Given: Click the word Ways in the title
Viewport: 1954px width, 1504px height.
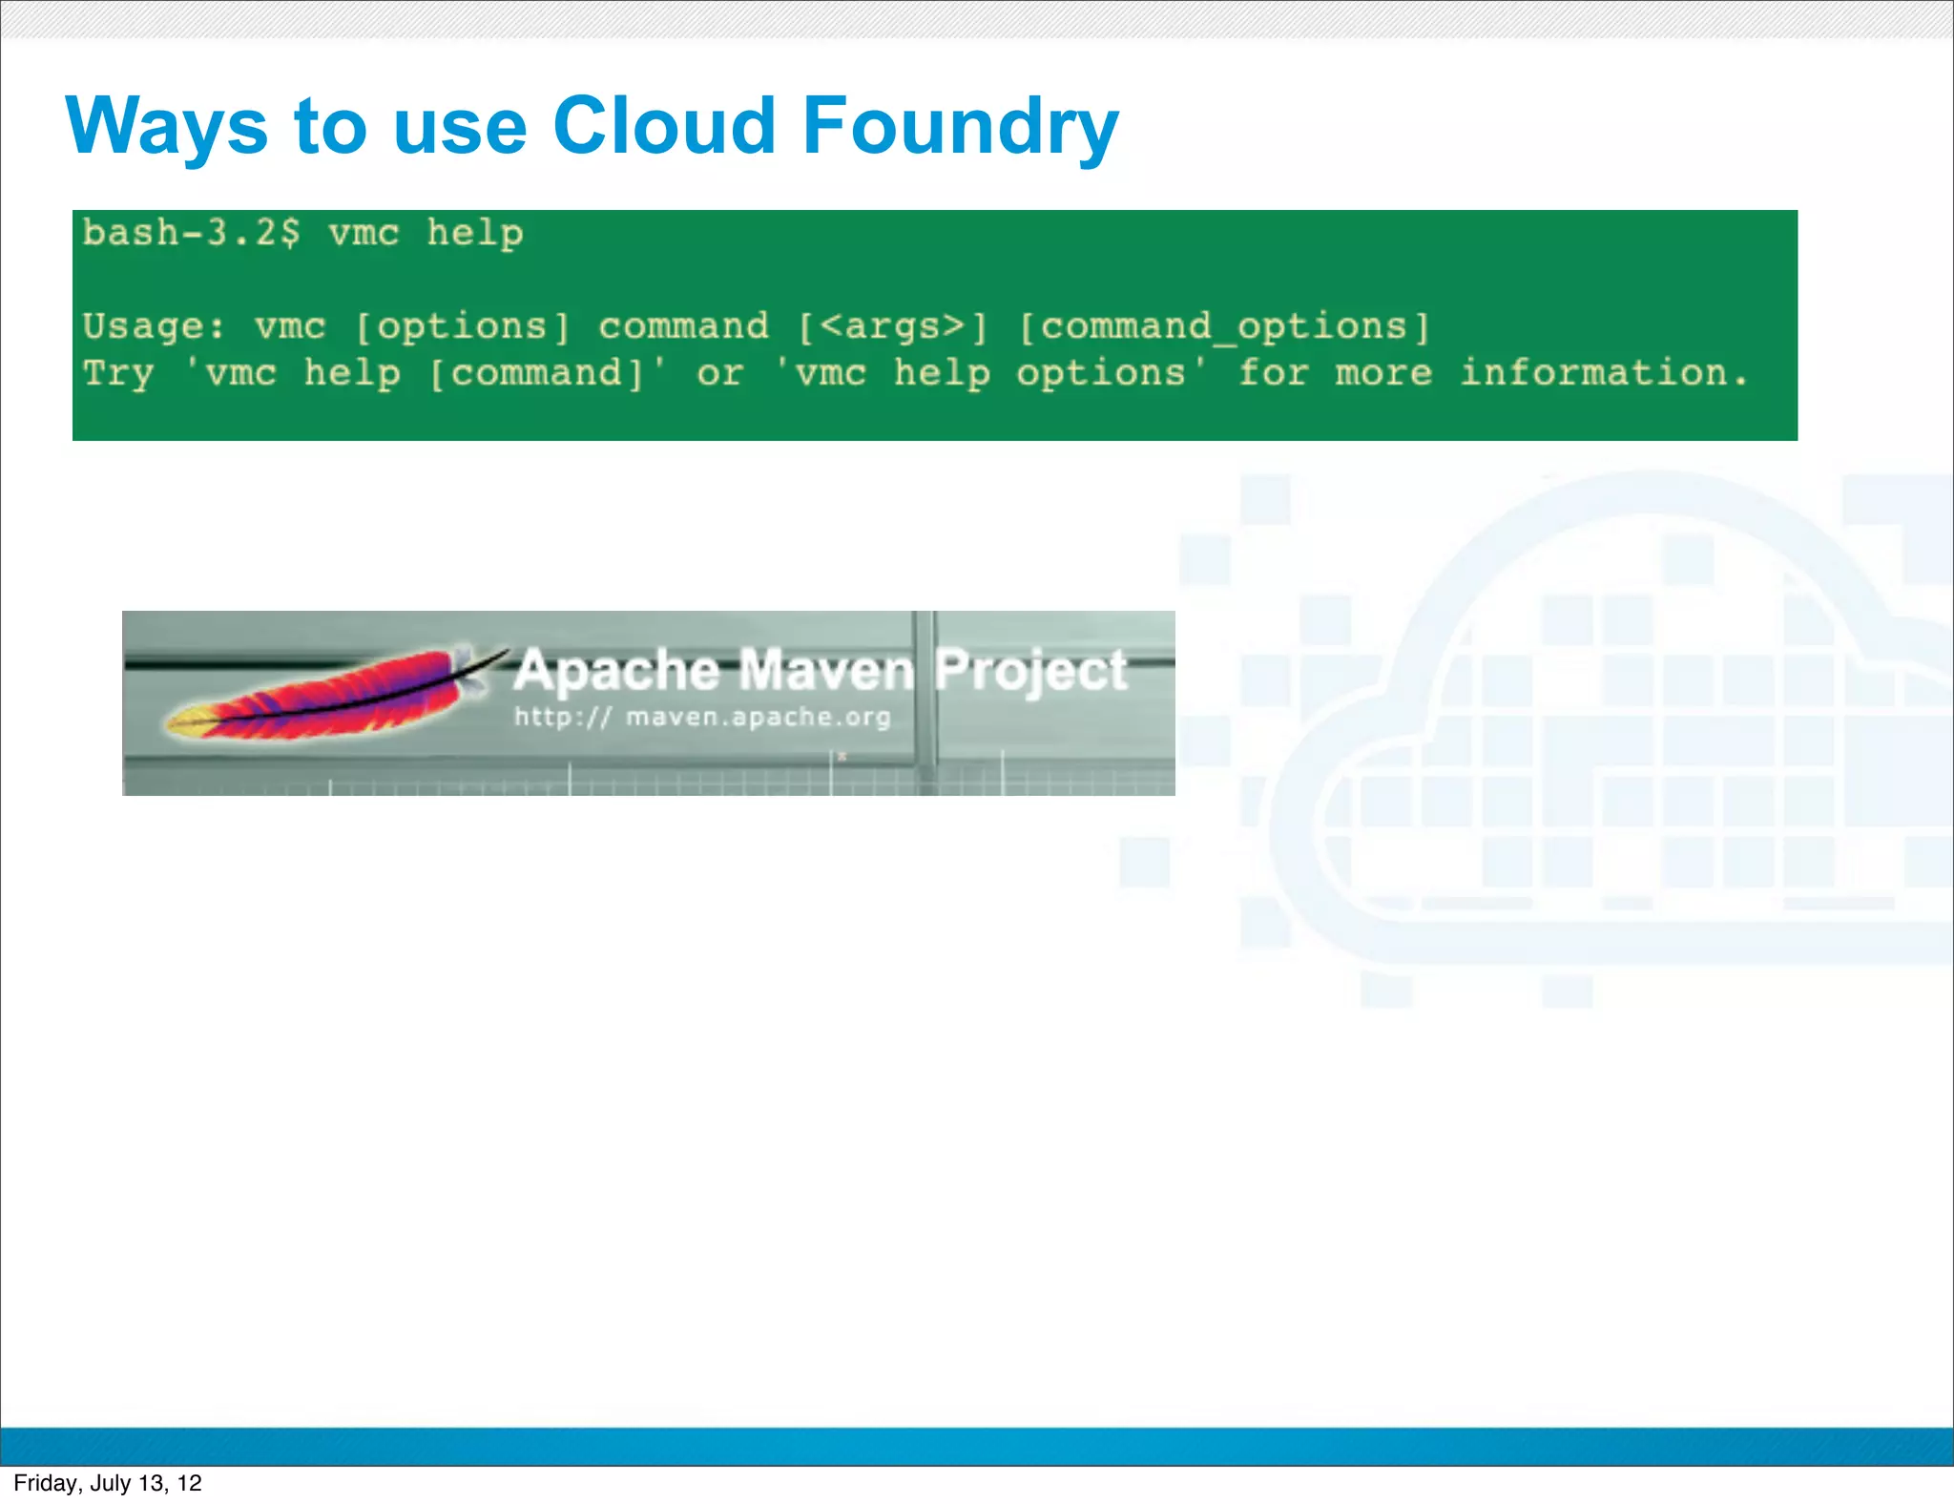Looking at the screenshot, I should tap(167, 126).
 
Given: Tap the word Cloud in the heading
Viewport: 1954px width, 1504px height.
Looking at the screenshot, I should tap(664, 126).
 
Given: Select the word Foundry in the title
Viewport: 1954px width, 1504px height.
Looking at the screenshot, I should tap(960, 128).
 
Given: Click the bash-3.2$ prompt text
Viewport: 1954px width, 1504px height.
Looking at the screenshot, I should tap(191, 233).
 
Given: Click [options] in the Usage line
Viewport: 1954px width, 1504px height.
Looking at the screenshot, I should tap(462, 327).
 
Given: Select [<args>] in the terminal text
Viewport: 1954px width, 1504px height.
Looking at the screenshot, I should tap(892, 327).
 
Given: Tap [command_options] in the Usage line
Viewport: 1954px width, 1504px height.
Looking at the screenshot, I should tap(1224, 327).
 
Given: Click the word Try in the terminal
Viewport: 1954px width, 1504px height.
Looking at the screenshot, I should tap(118, 374).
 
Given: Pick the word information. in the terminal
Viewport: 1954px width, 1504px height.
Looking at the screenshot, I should tap(1604, 372).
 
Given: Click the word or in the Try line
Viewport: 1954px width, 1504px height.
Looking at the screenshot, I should tap(719, 373).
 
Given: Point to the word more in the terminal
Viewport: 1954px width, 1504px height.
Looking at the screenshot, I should tap(1383, 373).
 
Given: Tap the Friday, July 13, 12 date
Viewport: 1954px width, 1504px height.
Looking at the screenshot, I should tap(108, 1483).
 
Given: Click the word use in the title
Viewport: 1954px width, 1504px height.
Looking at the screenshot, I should tap(460, 126).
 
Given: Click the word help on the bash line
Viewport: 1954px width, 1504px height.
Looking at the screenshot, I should tap(474, 234).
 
